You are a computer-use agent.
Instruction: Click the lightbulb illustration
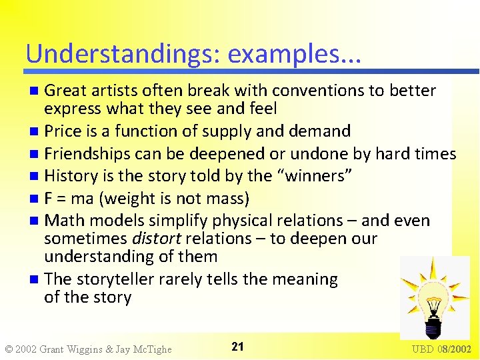click(x=433, y=298)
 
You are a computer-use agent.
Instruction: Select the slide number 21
click(x=237, y=346)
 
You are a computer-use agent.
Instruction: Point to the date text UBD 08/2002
click(x=441, y=349)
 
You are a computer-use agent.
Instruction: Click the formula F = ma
click(x=70, y=199)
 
